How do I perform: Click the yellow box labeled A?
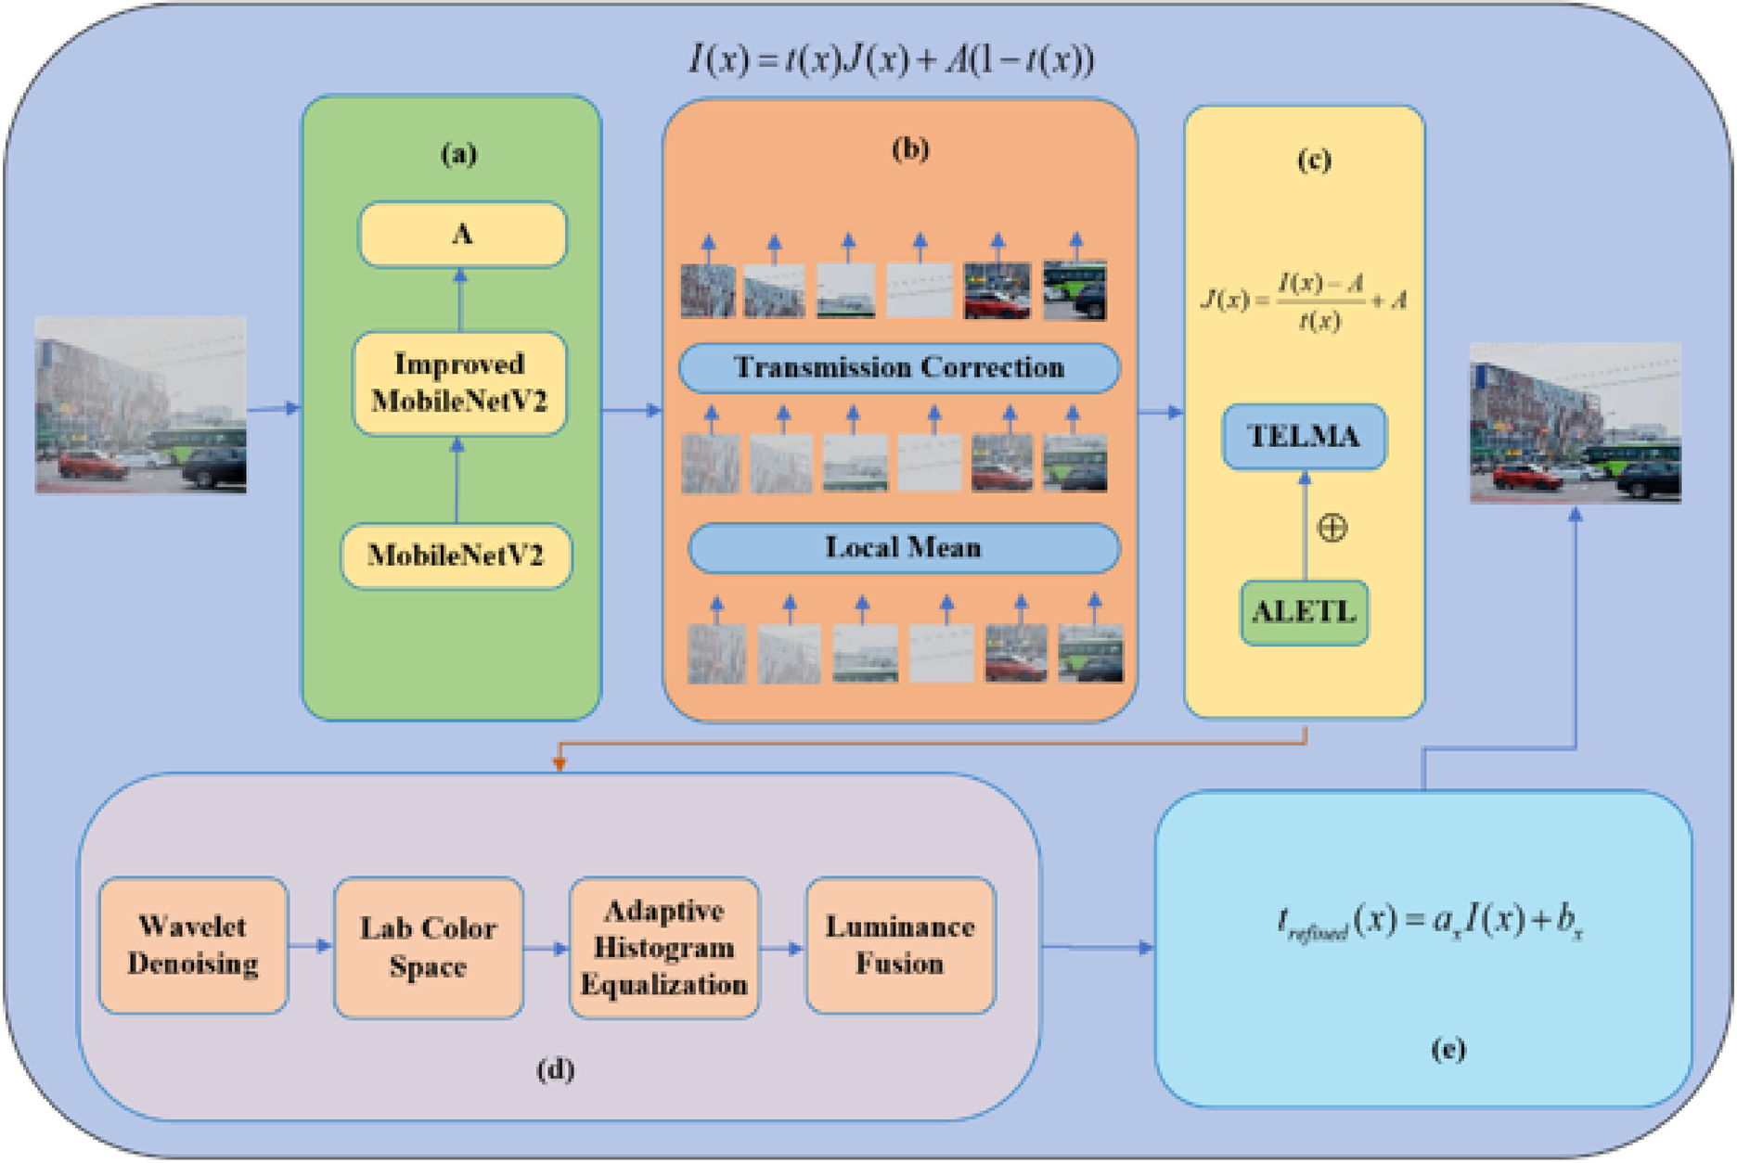[462, 235]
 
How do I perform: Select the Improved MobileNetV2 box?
[459, 383]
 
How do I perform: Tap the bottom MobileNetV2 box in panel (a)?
[456, 556]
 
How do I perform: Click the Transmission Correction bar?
[898, 368]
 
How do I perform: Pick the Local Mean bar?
[903, 548]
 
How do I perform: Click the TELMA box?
[1304, 436]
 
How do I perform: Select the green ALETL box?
[1304, 612]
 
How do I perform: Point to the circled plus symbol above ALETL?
[1332, 528]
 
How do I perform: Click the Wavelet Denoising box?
[193, 945]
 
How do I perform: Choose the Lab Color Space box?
[428, 947]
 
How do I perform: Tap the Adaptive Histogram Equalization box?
[664, 947]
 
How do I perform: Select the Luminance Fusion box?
[900, 945]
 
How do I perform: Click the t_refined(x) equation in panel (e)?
[1429, 922]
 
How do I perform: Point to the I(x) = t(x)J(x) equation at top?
[891, 60]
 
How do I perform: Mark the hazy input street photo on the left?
[141, 404]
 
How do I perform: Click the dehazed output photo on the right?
[1575, 423]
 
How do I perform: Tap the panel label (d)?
[555, 1069]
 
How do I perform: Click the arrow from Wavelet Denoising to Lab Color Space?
[311, 946]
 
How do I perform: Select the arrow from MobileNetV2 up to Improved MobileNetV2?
[456, 480]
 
